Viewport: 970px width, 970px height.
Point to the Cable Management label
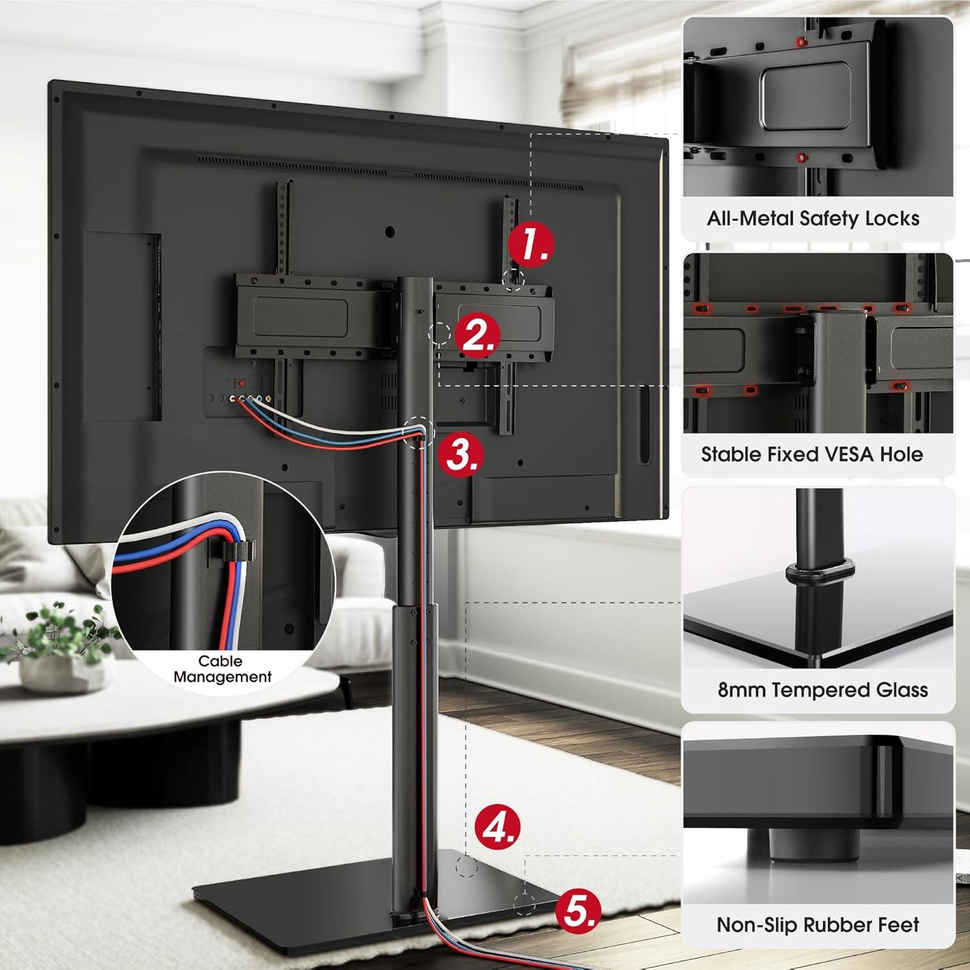pos(222,669)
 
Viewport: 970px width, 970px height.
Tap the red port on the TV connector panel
pos(241,383)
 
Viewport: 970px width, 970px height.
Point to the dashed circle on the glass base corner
pos(524,903)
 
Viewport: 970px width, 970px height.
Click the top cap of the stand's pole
pos(416,279)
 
